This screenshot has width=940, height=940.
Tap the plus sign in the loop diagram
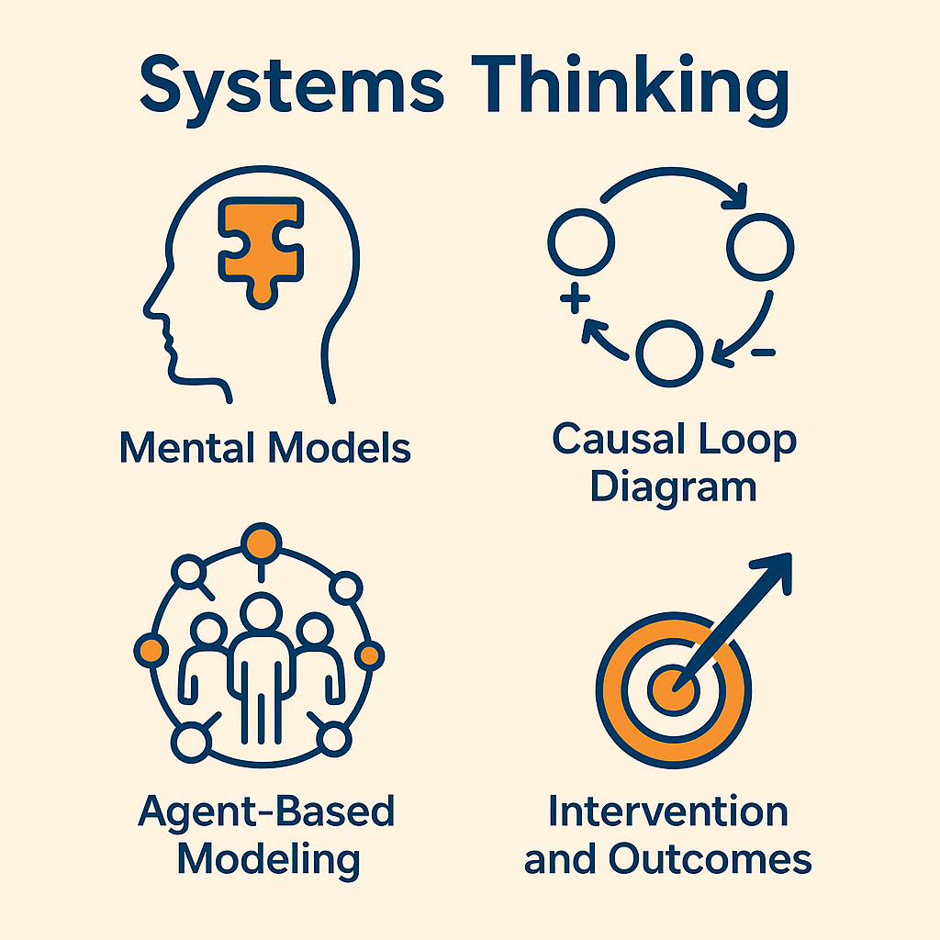(573, 300)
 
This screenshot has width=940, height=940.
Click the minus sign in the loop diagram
(763, 351)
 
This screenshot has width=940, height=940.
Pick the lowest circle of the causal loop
(669, 353)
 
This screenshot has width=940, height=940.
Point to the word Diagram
(673, 486)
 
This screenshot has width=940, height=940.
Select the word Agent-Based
(266, 812)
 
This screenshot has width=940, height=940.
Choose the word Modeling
(267, 859)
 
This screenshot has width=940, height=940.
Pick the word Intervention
(667, 812)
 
